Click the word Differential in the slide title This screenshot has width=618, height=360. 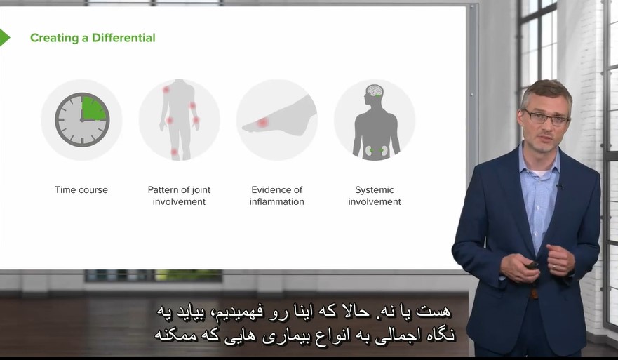pos(123,38)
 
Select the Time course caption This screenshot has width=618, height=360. pos(81,189)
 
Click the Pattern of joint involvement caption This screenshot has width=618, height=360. pos(179,196)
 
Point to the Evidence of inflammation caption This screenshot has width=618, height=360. pos(276,196)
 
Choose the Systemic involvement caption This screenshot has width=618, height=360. pos(375,196)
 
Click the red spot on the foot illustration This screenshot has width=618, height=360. pos(262,123)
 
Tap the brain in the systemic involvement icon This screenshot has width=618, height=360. pos(374,91)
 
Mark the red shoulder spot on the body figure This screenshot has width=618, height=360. pos(166,90)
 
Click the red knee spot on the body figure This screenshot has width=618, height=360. pos(174,152)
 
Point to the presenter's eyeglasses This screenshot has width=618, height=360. pos(546,117)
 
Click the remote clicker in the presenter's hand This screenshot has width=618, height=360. pos(532,265)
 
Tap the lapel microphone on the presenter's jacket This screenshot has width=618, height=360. pos(558,186)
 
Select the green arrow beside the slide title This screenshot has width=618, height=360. pos(4,38)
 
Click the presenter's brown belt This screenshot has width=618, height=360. pos(534,294)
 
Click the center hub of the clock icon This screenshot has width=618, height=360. pos(82,120)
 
